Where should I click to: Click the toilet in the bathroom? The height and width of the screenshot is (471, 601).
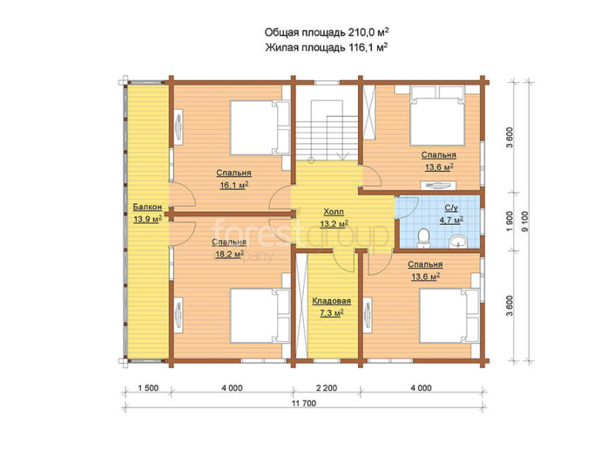[x=424, y=238]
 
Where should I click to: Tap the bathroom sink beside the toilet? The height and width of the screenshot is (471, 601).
[x=458, y=242]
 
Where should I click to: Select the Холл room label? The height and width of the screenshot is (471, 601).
[x=333, y=211]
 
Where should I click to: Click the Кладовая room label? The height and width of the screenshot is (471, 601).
[x=331, y=301]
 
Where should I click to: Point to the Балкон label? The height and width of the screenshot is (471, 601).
[x=147, y=207]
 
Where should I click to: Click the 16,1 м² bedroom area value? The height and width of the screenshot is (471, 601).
[x=234, y=185]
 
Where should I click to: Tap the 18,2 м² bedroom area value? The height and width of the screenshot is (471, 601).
[x=229, y=254]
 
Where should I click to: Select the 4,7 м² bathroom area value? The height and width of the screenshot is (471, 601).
[x=451, y=220]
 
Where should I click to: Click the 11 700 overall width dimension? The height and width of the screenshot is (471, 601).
[x=304, y=403]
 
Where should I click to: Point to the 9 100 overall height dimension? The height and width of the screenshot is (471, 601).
[x=525, y=221]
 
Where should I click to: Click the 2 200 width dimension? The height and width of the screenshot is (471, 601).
[x=327, y=388]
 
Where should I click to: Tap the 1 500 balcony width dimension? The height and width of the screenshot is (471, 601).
[x=148, y=388]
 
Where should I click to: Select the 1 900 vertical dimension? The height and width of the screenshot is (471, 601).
[x=509, y=221]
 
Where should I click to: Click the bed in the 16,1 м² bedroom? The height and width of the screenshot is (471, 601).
[x=259, y=128]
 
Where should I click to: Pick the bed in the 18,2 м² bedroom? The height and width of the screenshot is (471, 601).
[x=259, y=316]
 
